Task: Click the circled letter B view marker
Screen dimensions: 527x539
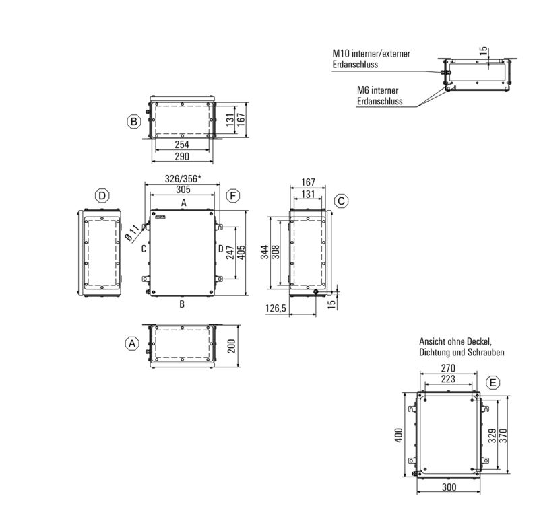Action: (x=134, y=121)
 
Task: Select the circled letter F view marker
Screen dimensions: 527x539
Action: (x=233, y=196)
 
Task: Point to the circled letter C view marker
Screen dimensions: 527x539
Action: (x=342, y=201)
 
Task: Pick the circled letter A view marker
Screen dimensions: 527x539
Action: (x=133, y=343)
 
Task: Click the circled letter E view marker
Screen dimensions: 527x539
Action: (x=494, y=382)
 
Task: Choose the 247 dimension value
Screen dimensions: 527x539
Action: (x=230, y=252)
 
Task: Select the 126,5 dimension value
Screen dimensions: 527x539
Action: (x=277, y=308)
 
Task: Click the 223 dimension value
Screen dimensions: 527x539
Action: (x=448, y=380)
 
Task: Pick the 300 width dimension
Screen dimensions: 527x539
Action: (x=449, y=487)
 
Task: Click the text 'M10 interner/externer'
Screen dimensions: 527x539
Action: (x=371, y=54)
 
